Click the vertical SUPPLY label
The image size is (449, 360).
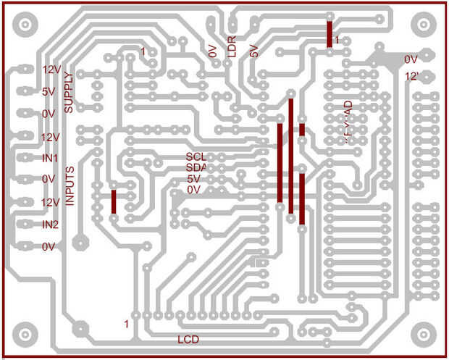68,92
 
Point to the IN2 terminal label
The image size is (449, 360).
50,225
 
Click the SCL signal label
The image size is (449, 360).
196,156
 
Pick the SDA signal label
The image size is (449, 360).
196,167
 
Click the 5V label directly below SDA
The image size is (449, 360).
193,179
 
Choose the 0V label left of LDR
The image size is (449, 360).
212,52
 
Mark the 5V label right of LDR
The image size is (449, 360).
253,51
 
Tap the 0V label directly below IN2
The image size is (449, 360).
49,247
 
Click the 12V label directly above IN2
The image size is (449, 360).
50,203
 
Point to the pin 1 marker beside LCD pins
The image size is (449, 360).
127,323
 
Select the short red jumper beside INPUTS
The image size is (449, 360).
114,201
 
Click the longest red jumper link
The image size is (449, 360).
291,156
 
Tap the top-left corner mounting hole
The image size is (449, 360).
25,25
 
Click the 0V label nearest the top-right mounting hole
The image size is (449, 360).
411,59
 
